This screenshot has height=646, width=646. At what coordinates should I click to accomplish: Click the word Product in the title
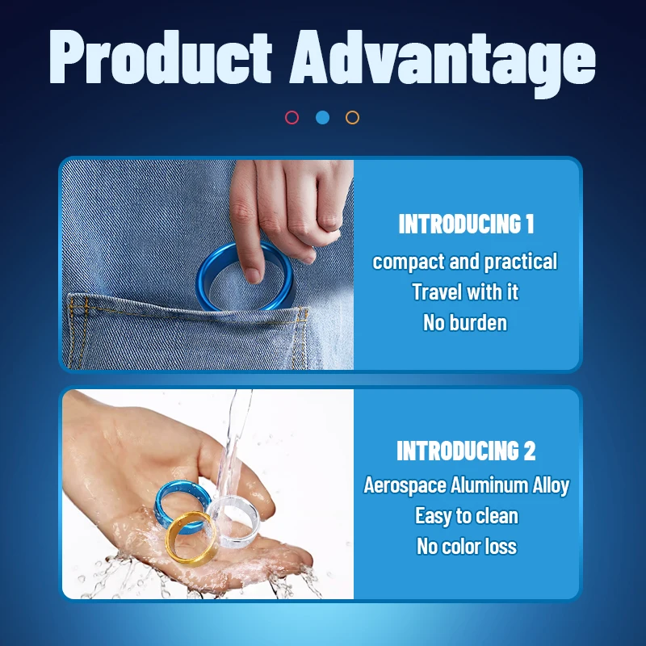(x=160, y=57)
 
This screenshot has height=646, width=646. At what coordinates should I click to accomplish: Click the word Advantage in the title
(x=443, y=63)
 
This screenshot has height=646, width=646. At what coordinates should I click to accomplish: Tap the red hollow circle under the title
(x=292, y=117)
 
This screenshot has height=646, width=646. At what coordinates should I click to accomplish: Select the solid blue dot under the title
(x=322, y=117)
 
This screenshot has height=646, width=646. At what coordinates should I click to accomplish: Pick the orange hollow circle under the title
(x=352, y=117)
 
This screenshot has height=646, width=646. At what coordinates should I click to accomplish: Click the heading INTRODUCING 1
(x=466, y=224)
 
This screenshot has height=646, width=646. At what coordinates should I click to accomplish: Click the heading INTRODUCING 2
(x=466, y=451)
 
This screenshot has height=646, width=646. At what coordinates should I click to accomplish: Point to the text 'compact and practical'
(x=465, y=262)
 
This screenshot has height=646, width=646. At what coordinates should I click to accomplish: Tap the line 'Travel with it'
(x=465, y=292)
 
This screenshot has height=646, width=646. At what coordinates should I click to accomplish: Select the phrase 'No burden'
(x=465, y=322)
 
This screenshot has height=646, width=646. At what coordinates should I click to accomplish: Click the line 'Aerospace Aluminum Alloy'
(x=467, y=485)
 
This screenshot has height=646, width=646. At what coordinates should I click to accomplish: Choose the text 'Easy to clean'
(x=467, y=516)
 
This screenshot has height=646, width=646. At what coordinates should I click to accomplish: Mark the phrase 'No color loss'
(x=467, y=547)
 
